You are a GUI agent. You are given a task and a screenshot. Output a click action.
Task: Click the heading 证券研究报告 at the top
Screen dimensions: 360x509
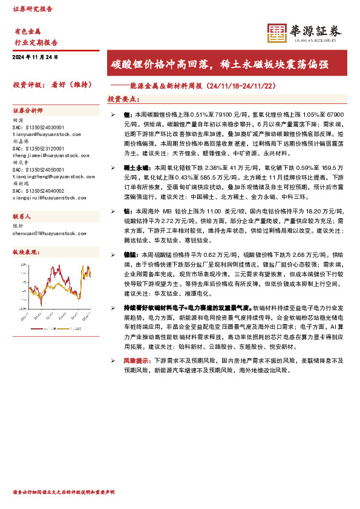33,9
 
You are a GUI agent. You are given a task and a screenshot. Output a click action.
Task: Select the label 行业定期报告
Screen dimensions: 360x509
36,43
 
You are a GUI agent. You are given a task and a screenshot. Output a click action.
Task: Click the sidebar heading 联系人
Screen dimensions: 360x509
22,216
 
